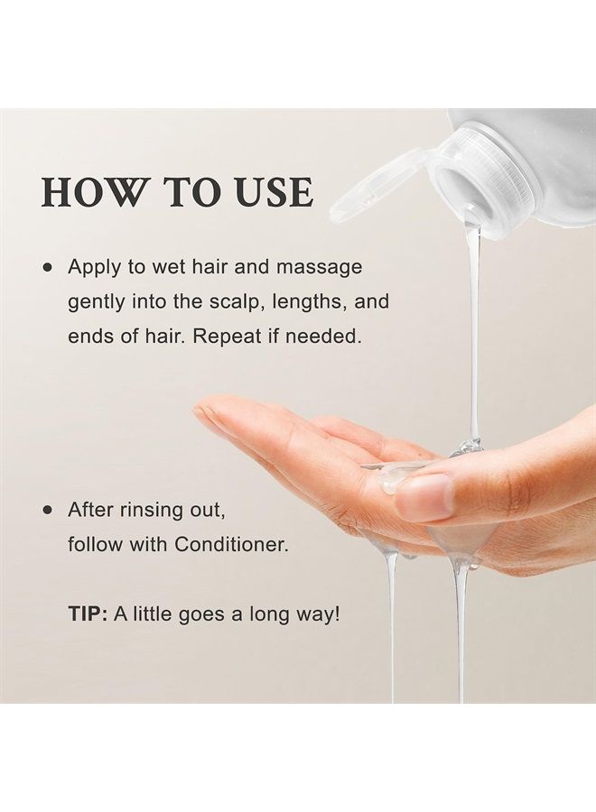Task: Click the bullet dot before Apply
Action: pyautogui.click(x=48, y=268)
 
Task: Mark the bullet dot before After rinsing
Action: pyautogui.click(x=48, y=510)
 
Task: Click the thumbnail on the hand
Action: pyautogui.click(x=424, y=496)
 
